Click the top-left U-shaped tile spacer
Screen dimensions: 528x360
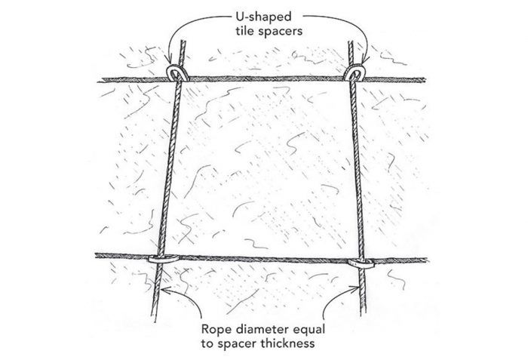177,73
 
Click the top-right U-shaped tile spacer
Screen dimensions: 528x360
355,73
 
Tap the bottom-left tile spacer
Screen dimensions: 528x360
164,259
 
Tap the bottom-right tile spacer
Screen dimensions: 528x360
361,263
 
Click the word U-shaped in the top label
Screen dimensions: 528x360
263,17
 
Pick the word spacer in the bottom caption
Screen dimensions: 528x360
237,344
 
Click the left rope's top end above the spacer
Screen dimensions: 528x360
183,41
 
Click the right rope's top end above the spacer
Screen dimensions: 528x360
351,42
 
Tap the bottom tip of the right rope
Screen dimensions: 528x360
363,314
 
